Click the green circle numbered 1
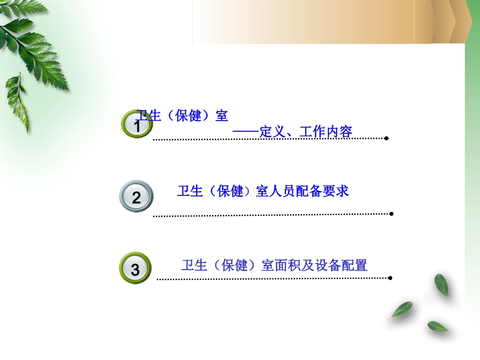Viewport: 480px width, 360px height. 136,124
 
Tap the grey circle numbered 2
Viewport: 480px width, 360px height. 136,197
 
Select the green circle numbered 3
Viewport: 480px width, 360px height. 135,269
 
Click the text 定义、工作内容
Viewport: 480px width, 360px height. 306,132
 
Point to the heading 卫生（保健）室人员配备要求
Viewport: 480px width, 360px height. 263,191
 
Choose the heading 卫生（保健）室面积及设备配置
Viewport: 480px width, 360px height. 274,265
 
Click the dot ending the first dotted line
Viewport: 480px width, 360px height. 386,138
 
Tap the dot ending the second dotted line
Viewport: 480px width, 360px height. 392,214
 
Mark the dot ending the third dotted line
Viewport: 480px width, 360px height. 390,277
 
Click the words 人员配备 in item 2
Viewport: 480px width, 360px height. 296,191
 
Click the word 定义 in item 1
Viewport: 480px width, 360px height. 272,132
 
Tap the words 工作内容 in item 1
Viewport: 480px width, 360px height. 325,132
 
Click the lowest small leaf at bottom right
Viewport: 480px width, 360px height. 438,326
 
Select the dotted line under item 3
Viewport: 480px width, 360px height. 273,278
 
